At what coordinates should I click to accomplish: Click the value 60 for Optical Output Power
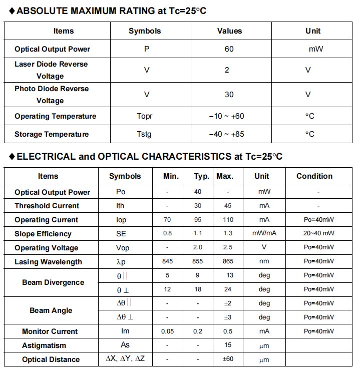click(229, 49)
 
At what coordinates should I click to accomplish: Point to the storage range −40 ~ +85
click(226, 134)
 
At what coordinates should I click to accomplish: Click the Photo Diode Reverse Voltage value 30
click(229, 95)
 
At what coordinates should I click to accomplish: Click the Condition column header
click(314, 176)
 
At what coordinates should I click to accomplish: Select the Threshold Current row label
click(47, 206)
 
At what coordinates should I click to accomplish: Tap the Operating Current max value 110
click(228, 220)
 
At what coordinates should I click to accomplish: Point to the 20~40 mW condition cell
click(318, 234)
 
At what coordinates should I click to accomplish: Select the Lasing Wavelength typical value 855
click(198, 262)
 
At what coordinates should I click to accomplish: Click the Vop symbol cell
click(122, 248)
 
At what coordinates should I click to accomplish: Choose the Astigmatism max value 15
click(228, 345)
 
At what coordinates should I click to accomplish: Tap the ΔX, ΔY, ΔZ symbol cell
click(125, 359)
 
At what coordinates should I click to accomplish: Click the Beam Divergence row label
click(53, 282)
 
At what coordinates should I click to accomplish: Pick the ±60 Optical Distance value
click(228, 359)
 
